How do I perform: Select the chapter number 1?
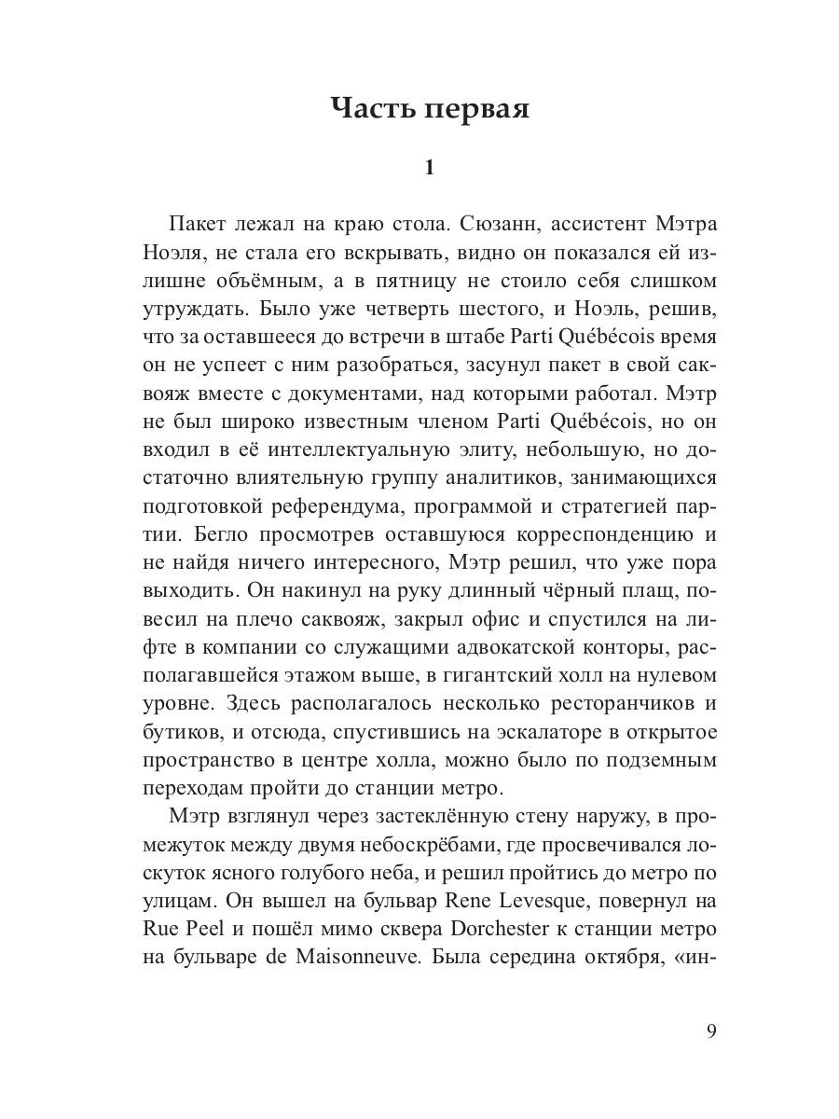[429, 169]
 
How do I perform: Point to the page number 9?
[711, 1030]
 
